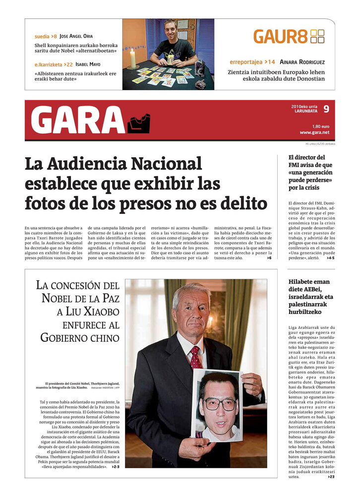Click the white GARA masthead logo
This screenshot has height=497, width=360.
pos(78,120)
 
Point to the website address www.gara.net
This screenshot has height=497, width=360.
pos(314,132)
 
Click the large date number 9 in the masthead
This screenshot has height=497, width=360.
pos(326,109)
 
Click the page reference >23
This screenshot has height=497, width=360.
pos(331,477)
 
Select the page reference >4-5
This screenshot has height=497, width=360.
pos(330,258)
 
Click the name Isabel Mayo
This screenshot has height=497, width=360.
pos(88,64)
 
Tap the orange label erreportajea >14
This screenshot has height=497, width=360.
pos(252,62)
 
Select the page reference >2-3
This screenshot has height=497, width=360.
pos(116,467)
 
